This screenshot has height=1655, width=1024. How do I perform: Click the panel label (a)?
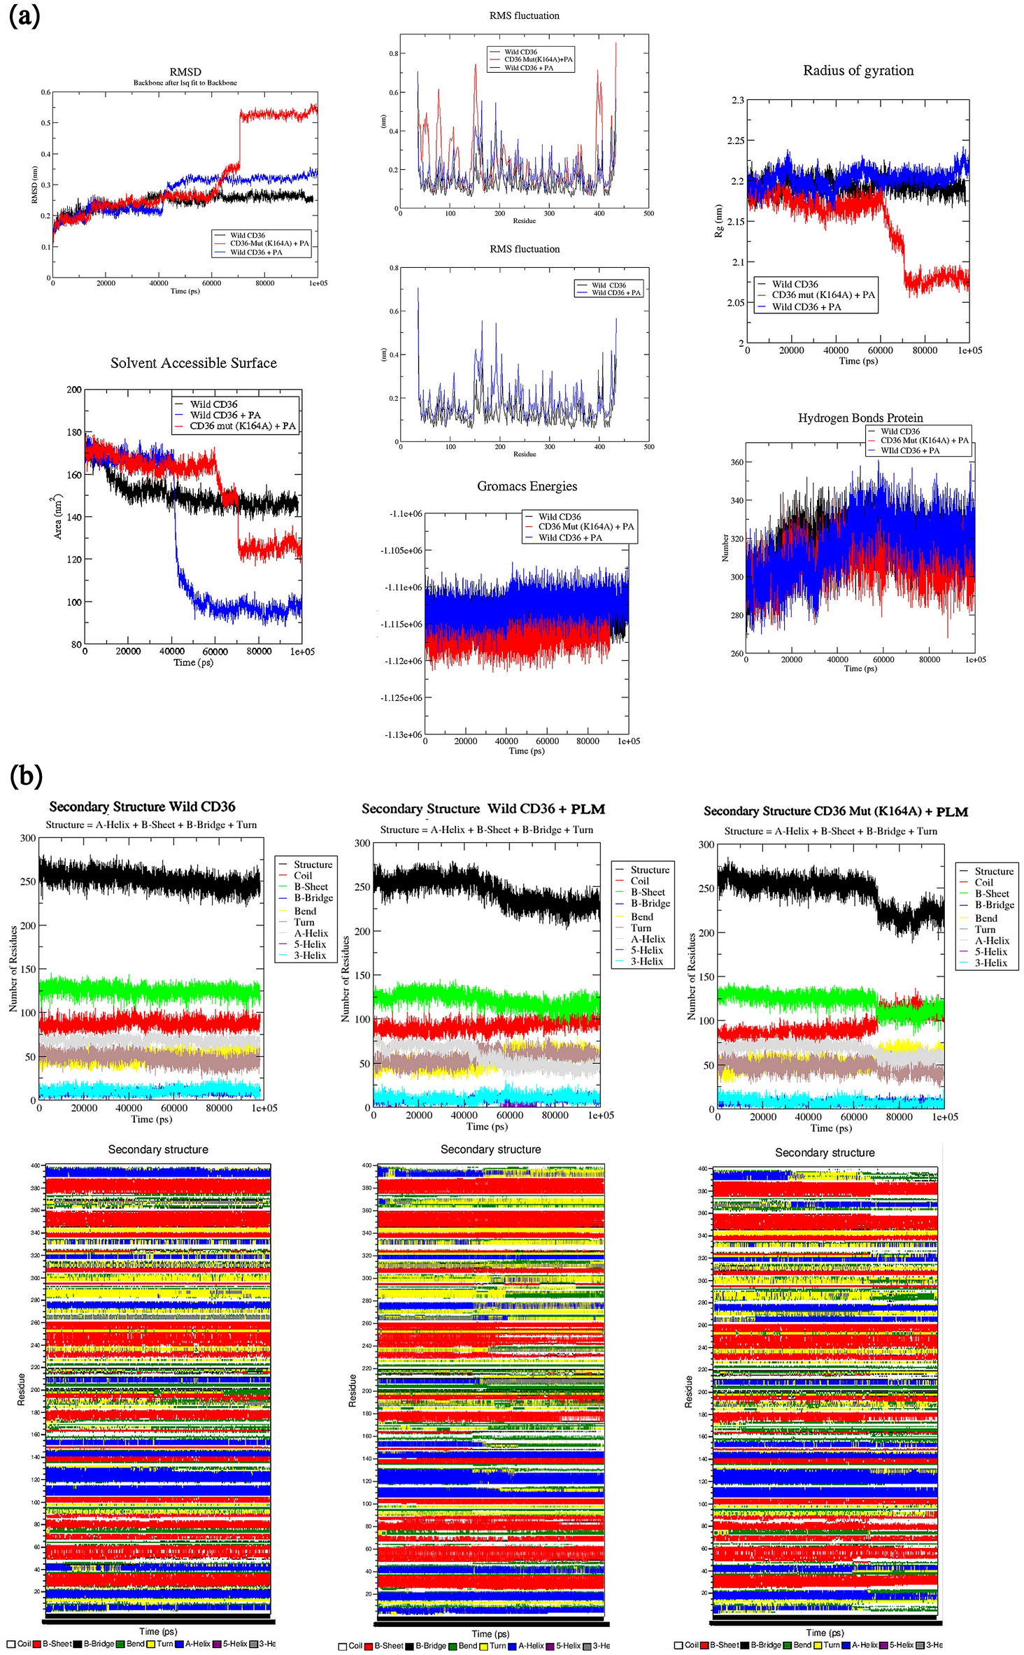(24, 15)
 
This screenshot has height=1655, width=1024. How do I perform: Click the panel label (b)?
(26, 776)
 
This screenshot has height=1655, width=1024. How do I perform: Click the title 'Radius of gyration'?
(858, 71)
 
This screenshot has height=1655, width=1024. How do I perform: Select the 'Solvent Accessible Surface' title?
(193, 363)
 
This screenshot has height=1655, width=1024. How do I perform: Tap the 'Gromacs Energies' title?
(527, 486)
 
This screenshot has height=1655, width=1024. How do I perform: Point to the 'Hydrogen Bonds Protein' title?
(860, 418)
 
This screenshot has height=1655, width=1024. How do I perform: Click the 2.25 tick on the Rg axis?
(734, 141)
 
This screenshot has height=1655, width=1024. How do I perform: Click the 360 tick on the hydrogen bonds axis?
(737, 462)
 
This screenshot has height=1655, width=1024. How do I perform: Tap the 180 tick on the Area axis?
(74, 432)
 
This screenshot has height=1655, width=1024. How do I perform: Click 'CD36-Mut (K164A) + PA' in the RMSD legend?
(269, 243)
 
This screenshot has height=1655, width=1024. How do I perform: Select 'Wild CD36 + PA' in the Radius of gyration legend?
(806, 306)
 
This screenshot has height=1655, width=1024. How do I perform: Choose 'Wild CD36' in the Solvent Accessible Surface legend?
(213, 404)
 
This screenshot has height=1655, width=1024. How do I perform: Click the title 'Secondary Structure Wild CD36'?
(142, 807)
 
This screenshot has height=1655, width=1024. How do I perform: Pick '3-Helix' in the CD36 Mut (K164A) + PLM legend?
(990, 963)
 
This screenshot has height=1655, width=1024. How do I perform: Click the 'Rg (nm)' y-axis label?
(718, 221)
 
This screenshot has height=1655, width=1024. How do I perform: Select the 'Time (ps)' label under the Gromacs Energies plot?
(526, 751)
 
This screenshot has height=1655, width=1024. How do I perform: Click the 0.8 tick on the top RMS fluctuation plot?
(394, 54)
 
